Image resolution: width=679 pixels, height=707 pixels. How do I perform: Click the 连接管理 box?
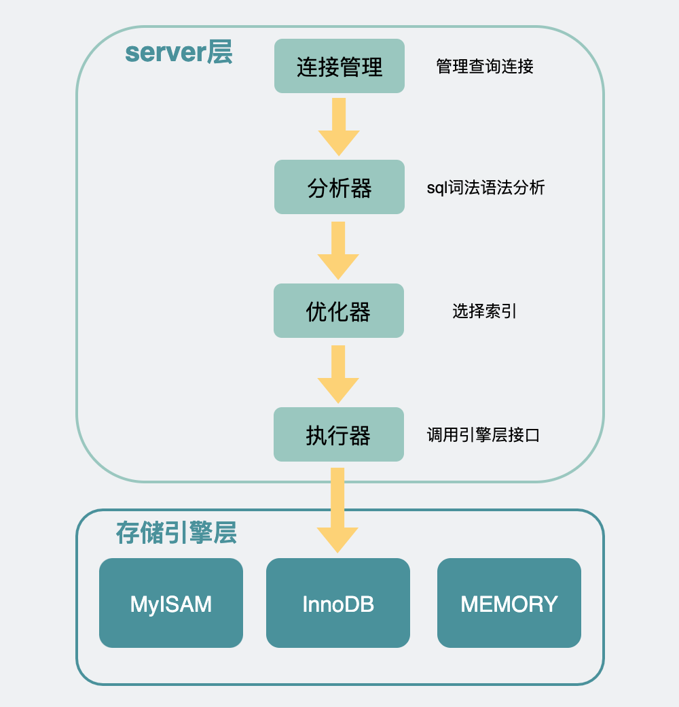(339, 66)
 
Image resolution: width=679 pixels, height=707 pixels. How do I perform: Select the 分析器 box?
(339, 187)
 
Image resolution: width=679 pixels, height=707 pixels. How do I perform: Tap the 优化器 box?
(339, 311)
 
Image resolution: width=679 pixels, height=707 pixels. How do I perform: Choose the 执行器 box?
(339, 434)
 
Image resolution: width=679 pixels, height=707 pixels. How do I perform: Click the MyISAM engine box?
(171, 603)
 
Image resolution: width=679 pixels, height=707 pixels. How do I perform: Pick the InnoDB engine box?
(338, 603)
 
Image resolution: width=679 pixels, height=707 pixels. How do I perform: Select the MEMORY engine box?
(509, 603)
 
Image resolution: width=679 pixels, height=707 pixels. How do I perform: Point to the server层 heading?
(179, 52)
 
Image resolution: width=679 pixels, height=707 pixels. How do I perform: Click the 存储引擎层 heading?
(176, 533)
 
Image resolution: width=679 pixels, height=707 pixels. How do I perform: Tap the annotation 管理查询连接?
(485, 66)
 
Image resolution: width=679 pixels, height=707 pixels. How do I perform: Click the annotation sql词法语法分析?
(485, 188)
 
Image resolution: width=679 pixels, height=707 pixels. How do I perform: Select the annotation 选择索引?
(485, 311)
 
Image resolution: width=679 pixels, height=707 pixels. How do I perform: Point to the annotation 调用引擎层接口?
(483, 435)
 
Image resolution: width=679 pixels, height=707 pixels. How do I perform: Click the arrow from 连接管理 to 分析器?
(339, 126)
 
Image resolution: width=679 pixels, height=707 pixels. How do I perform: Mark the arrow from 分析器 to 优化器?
(338, 250)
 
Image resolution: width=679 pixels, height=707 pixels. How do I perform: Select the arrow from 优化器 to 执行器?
(338, 374)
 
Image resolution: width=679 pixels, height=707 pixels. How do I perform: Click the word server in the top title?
(165, 53)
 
